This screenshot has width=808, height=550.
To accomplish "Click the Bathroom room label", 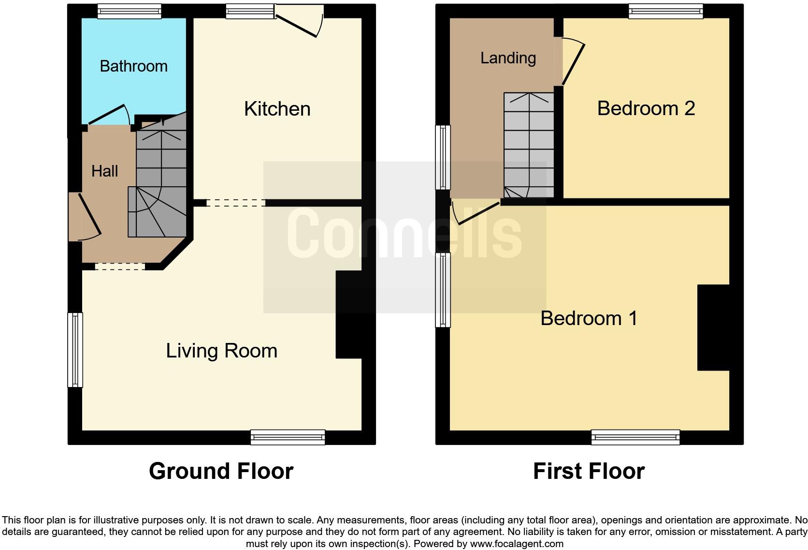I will tap(133, 66).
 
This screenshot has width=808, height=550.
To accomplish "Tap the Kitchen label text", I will tap(277, 109).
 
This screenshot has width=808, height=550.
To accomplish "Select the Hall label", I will tap(104, 171).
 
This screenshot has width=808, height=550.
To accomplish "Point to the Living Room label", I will tap(221, 351).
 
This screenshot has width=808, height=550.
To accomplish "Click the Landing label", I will tap(508, 58).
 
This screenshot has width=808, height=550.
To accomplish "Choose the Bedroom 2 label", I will tap(646, 108).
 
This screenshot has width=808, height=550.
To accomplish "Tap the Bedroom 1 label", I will tap(589, 318).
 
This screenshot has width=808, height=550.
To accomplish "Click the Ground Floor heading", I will tap(221, 471).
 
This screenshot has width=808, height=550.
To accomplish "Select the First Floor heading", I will tap(589, 471).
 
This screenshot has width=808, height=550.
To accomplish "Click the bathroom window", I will tap(129, 11).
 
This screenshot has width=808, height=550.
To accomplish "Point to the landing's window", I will tap(443, 158).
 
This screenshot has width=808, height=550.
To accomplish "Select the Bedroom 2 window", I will tap(665, 11).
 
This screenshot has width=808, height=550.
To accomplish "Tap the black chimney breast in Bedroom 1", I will tap(713, 328).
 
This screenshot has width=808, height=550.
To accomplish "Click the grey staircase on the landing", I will tap(529, 145).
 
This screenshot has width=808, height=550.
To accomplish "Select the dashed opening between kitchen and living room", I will tap(236, 203).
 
